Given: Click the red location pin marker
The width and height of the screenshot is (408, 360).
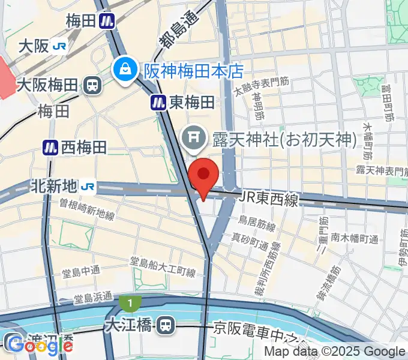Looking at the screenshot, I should point(203,174).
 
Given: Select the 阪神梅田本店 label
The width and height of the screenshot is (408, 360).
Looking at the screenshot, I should point(193,71).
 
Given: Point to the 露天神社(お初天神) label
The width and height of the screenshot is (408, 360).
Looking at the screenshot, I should point(282,139).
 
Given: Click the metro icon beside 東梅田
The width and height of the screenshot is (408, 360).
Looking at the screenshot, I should point(158,103).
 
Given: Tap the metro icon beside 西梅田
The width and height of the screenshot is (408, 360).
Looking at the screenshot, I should point(50,146).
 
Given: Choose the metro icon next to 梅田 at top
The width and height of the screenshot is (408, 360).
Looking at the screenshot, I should point(107,21).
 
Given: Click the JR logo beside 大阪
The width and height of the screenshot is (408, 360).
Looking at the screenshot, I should point(59,46).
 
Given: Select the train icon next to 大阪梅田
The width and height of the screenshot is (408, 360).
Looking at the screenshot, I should point(93,85).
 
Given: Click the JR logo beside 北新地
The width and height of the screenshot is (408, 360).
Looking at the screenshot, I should point(88,187).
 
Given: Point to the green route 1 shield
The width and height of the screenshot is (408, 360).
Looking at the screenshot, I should point(129,303).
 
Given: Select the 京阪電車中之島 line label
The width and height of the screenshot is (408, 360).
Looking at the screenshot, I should point(264,329).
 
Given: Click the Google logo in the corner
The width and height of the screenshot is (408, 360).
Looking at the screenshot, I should point(39,344).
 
